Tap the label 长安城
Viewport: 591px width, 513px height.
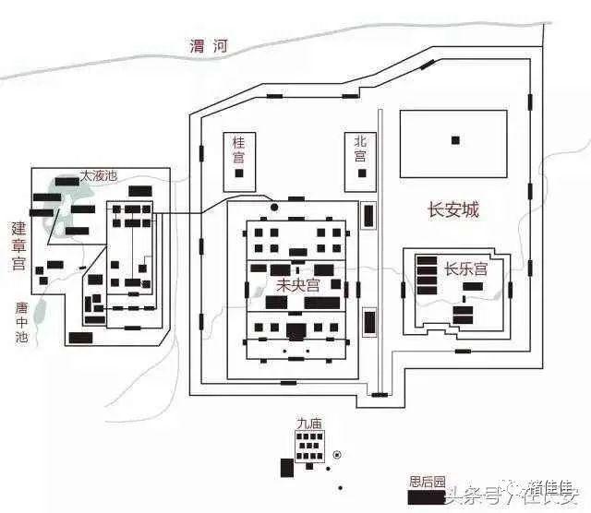[x=452, y=210]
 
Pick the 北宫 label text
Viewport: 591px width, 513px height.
[x=361, y=149]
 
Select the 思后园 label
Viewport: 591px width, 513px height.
[x=428, y=482]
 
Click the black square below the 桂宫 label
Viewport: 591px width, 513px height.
[x=239, y=173]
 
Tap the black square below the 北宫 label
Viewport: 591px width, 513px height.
[x=361, y=173]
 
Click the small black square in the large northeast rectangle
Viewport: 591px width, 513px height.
[x=454, y=140]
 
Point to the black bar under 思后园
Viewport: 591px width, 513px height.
[x=426, y=495]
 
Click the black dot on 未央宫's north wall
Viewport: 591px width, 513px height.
[x=273, y=206]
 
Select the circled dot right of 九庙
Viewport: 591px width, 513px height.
[x=337, y=454]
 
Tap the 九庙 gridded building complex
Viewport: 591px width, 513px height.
[x=308, y=448]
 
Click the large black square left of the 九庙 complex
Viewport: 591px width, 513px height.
[x=287, y=467]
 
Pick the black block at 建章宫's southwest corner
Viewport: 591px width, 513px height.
[x=80, y=337]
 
